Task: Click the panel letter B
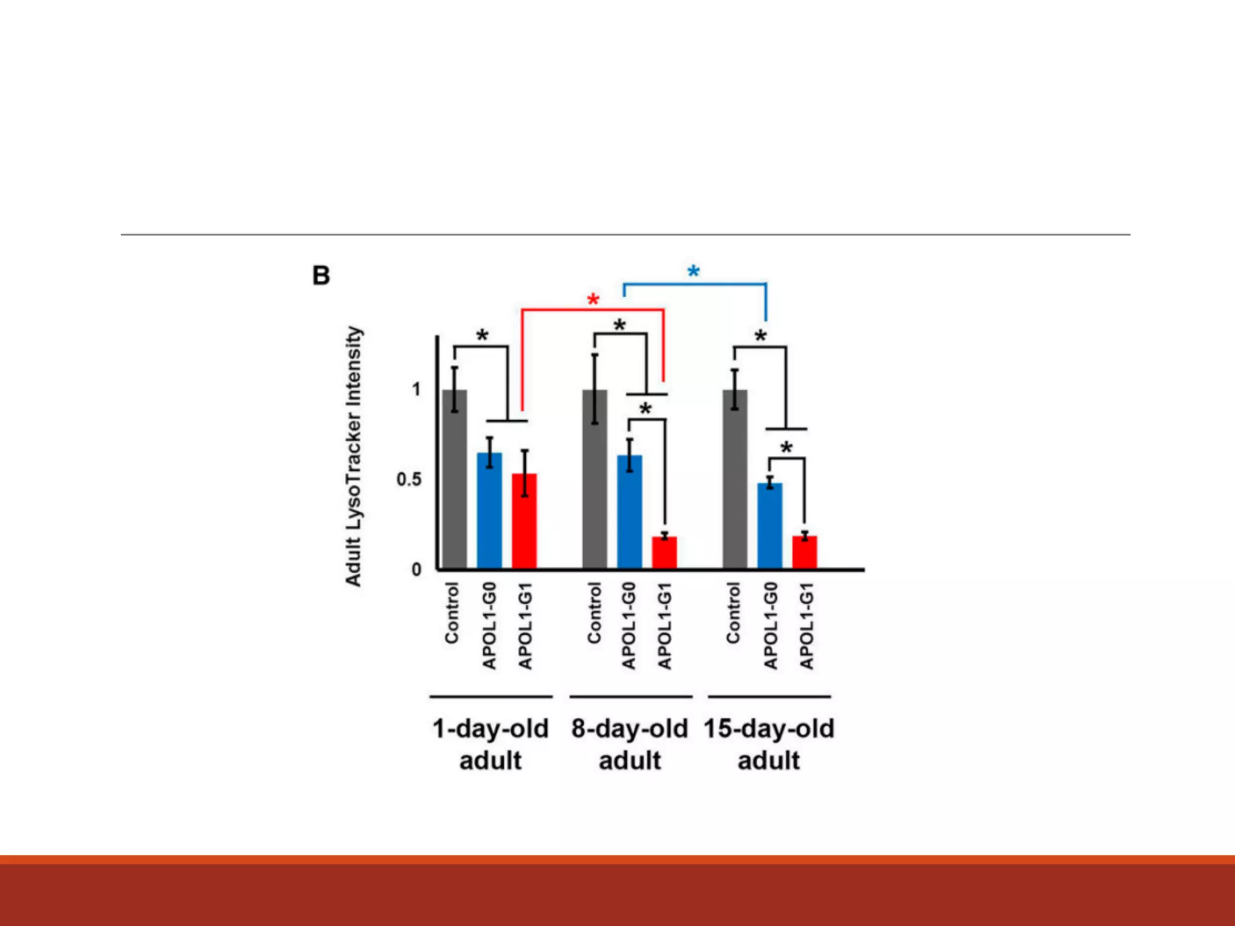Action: pyautogui.click(x=321, y=276)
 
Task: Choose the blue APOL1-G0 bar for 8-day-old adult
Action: pyautogui.click(x=629, y=512)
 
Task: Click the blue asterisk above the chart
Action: pyautogui.click(x=693, y=272)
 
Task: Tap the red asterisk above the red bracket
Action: pyautogui.click(x=593, y=300)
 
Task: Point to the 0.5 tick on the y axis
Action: pyautogui.click(x=409, y=480)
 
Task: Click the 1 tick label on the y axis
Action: pyautogui.click(x=416, y=389)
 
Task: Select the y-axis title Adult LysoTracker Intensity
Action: pyautogui.click(x=353, y=456)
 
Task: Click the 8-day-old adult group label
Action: pyautogui.click(x=630, y=745)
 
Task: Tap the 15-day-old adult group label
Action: pyautogui.click(x=769, y=745)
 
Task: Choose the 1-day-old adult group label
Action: pyautogui.click(x=490, y=745)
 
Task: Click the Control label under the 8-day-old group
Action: pyautogui.click(x=595, y=613)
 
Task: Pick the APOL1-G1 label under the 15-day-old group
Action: pyautogui.click(x=806, y=626)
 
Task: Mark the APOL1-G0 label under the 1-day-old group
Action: pyautogui.click(x=489, y=626)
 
